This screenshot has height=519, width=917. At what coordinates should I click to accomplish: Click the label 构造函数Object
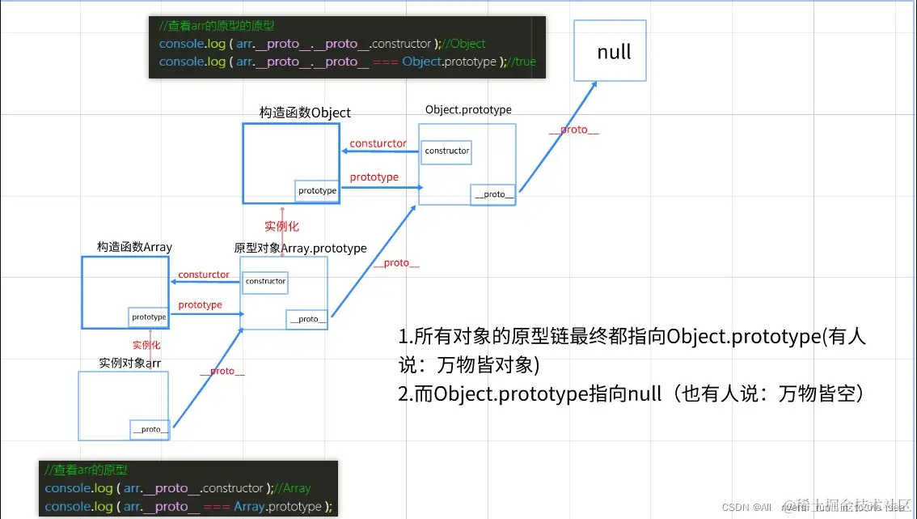pyautogui.click(x=305, y=113)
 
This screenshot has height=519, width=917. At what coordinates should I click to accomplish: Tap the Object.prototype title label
pyautogui.click(x=468, y=109)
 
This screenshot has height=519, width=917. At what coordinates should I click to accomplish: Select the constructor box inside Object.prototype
pyautogui.click(x=446, y=151)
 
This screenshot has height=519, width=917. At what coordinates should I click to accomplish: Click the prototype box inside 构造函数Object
pyautogui.click(x=317, y=190)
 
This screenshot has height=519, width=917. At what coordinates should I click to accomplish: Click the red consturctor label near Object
pyautogui.click(x=378, y=143)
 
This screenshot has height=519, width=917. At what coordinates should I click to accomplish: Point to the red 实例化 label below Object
pyautogui.click(x=281, y=226)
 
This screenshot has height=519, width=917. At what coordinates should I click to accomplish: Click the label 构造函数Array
pyautogui.click(x=134, y=247)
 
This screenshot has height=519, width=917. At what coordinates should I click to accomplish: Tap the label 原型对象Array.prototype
pyautogui.click(x=300, y=248)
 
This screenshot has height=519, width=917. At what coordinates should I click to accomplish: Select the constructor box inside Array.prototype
pyautogui.click(x=265, y=281)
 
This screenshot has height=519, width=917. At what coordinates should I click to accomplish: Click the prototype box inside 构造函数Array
pyautogui.click(x=149, y=317)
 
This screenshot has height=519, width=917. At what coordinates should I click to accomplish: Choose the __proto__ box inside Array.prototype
pyautogui.click(x=307, y=319)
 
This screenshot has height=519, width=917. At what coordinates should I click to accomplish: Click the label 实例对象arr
pyautogui.click(x=130, y=363)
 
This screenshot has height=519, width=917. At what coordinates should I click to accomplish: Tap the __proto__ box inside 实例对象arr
pyautogui.click(x=150, y=429)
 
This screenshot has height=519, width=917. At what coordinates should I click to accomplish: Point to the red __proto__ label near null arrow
pyautogui.click(x=573, y=130)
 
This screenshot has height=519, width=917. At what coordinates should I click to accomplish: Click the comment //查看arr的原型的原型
pyautogui.click(x=217, y=26)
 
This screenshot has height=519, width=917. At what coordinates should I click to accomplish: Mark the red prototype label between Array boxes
pyautogui.click(x=200, y=304)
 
